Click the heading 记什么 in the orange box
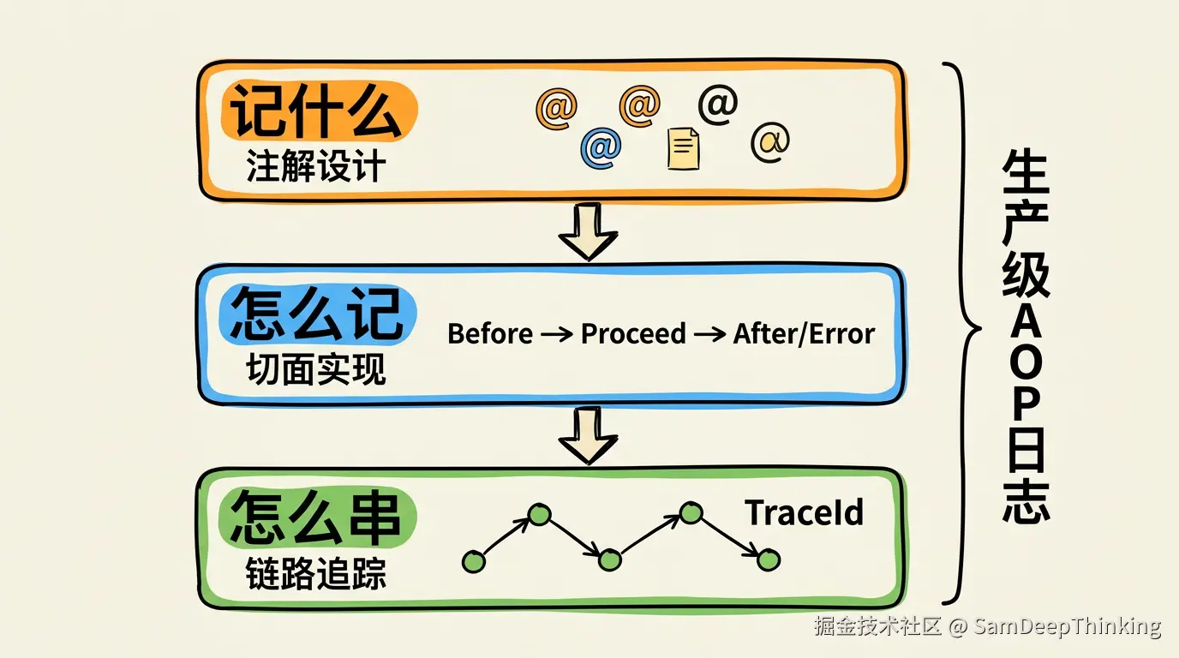(x=316, y=111)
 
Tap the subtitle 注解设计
(x=316, y=166)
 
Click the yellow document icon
(x=683, y=148)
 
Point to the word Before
(x=490, y=334)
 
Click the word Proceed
(x=633, y=334)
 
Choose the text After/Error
(x=804, y=334)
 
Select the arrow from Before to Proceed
(x=556, y=334)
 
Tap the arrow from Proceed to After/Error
(x=710, y=334)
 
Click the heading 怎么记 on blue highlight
(x=317, y=314)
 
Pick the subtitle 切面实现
(x=316, y=369)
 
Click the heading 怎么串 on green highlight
(x=316, y=517)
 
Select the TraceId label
(x=805, y=512)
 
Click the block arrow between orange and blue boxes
(x=588, y=231)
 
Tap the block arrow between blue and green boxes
(x=588, y=435)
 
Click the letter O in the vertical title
(x=1026, y=362)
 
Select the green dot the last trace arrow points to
(x=769, y=560)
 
